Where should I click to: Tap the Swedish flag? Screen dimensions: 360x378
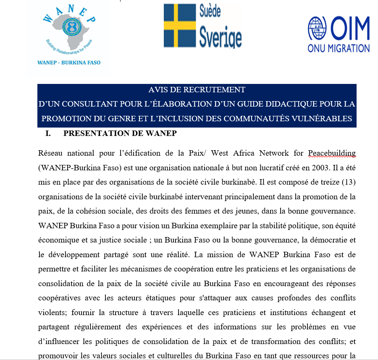point(180,25)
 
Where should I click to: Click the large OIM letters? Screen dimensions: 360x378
point(350,28)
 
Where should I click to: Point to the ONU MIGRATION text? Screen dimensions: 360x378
point(339,48)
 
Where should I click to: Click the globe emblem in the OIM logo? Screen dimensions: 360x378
point(317,28)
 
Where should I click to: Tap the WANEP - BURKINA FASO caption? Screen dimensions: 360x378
point(69,63)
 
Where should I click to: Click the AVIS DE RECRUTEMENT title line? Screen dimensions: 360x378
point(197,90)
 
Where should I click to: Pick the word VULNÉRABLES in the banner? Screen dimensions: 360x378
point(321,118)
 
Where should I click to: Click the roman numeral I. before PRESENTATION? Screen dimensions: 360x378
point(47,134)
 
